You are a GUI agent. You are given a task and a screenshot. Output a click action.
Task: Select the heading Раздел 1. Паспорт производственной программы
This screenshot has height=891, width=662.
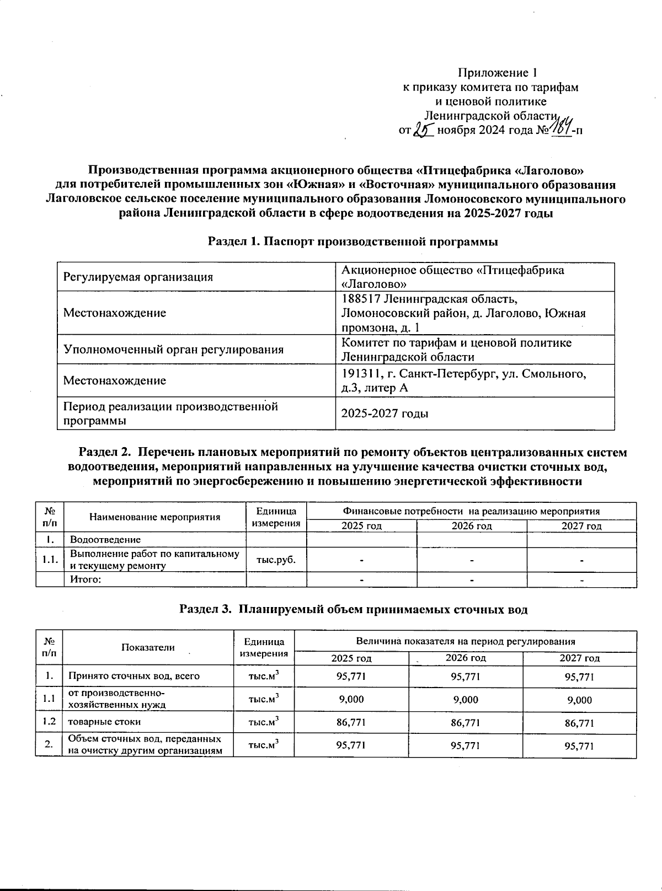coord(353,241)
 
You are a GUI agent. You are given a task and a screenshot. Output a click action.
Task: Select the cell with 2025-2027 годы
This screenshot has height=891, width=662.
coord(385,414)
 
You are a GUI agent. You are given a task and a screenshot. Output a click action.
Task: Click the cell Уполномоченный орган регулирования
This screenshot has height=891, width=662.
coord(174,350)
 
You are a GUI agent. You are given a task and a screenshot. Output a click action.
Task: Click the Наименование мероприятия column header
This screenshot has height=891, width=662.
coord(155,517)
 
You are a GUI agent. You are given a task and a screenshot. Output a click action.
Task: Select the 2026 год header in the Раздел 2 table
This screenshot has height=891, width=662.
coord(472,526)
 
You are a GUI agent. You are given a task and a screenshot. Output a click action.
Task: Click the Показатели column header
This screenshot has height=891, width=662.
coord(148,647)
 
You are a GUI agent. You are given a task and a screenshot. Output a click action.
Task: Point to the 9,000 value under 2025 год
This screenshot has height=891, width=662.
coord(351,700)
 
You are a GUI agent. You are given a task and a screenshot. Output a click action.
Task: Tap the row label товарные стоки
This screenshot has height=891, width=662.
coord(104,722)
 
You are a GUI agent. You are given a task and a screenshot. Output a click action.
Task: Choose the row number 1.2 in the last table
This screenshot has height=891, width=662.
coord(49,722)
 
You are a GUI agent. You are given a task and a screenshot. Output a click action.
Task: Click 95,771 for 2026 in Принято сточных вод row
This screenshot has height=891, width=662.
coord(465,676)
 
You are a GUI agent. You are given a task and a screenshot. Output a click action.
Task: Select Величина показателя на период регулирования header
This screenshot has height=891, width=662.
coord(466,641)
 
